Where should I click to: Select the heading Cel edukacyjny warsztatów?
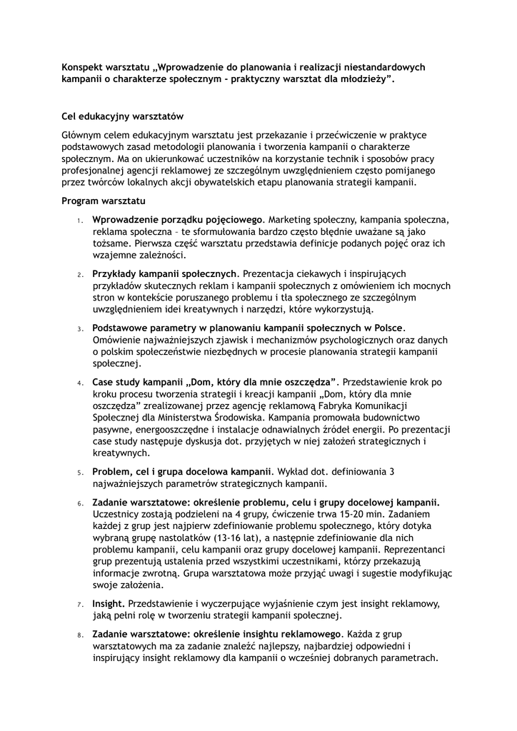point(123,116)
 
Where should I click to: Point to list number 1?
point(81,220)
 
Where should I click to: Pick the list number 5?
point(81,473)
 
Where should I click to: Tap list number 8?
point(81,635)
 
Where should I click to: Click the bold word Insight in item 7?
point(109,605)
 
